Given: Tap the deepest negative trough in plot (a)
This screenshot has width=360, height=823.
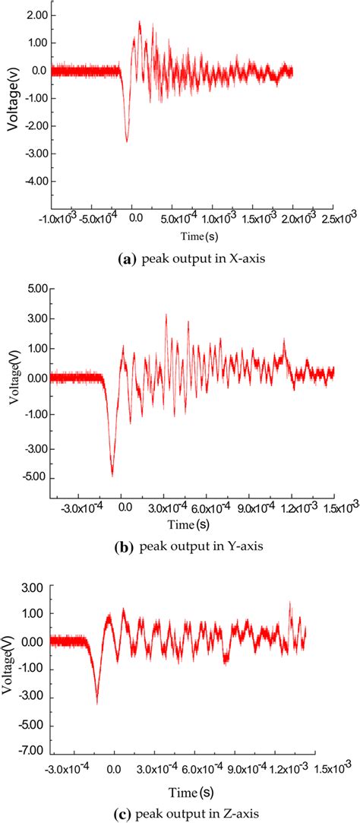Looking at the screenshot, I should click(127, 141).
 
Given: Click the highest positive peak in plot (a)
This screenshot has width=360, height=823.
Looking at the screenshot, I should click(140, 22).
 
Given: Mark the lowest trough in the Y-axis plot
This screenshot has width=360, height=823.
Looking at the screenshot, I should click(112, 475).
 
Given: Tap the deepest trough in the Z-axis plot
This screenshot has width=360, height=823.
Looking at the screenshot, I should click(96, 702).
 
